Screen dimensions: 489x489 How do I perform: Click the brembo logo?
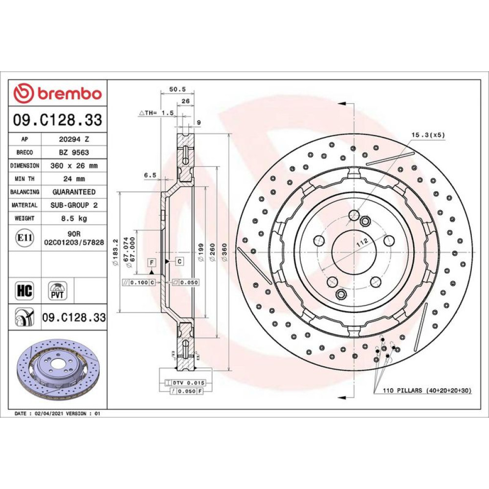point(58,93)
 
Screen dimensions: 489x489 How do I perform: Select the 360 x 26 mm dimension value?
point(74,166)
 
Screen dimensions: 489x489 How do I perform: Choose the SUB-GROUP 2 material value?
point(74,205)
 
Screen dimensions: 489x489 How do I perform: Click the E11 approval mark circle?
point(24,238)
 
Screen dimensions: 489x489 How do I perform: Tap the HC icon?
point(24,291)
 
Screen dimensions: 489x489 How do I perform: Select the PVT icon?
point(57,291)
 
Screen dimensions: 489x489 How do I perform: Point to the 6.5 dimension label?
point(150,175)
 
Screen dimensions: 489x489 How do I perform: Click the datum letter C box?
point(179,262)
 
